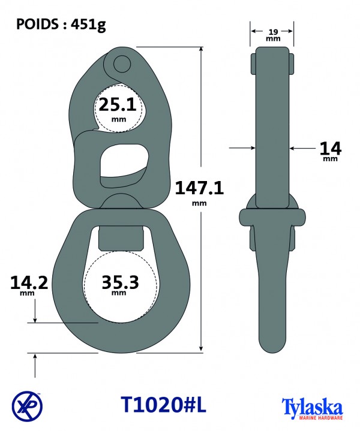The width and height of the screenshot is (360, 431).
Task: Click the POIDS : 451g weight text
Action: coord(61,25)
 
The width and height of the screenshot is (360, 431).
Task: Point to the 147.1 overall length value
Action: coord(199,188)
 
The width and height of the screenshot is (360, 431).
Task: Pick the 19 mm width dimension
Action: coord(273,35)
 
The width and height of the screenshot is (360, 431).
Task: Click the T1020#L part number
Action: coord(163,405)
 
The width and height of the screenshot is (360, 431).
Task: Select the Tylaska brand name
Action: coord(312,407)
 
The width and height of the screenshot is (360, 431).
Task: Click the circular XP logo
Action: coord(27,406)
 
